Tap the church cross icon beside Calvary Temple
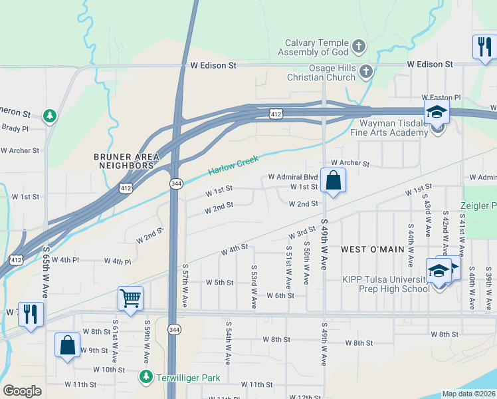(x=359, y=47)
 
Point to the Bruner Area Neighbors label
(x=126, y=162)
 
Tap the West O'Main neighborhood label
(x=372, y=249)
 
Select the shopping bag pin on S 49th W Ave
(x=333, y=180)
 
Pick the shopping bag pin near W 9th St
(x=67, y=345)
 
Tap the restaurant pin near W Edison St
(x=483, y=47)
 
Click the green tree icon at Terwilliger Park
(x=146, y=377)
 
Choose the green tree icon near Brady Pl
(x=49, y=116)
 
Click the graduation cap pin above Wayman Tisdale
(x=437, y=112)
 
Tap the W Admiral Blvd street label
(x=293, y=178)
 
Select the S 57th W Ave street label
(x=185, y=285)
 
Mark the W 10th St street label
(x=109, y=370)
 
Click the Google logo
(x=22, y=391)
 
